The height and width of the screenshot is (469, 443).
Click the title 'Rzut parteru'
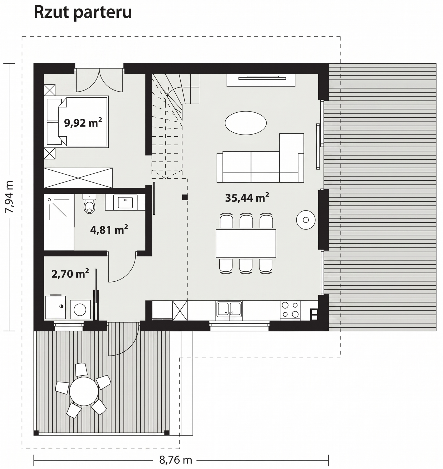point(83,12)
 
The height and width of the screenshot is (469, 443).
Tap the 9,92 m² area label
point(83,123)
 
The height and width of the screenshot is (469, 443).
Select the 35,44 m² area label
point(247,198)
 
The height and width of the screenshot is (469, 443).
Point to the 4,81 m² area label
point(109,230)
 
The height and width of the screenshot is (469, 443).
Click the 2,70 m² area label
point(70,274)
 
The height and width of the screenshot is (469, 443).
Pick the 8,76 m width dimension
point(176,460)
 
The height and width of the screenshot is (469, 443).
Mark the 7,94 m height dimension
point(9,197)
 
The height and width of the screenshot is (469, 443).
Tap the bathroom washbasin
point(125,203)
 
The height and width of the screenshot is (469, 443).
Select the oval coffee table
point(246,123)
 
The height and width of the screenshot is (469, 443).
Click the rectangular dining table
point(246,243)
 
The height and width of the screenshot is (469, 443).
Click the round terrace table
point(84,391)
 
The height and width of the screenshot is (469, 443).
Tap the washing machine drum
point(80,309)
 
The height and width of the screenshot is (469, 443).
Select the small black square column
point(185,197)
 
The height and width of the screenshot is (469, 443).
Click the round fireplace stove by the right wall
point(306,220)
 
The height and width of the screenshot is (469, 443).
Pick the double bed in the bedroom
point(78,122)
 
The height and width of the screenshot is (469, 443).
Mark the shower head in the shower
point(49,200)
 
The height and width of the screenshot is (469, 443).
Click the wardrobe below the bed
point(78,178)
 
